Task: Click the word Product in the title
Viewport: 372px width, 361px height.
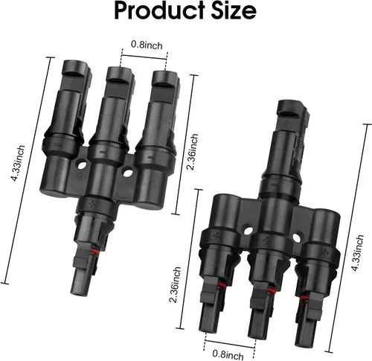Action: pos(160,11)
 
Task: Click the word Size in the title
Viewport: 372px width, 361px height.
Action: pos(234,11)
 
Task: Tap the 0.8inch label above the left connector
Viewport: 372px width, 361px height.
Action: pos(147,45)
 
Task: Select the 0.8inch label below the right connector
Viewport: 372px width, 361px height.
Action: pos(228,354)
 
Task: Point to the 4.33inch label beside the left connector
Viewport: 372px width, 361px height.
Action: pos(18,163)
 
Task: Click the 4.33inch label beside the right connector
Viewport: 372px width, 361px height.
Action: pos(357,252)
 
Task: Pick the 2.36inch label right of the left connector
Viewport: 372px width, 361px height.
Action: pos(193,152)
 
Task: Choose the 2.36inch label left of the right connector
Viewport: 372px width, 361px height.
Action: pos(175,285)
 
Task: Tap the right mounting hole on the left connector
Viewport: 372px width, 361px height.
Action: pos(128,173)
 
